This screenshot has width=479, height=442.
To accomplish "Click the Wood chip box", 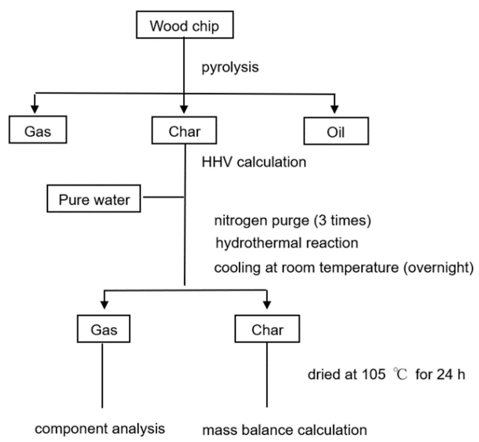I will [185, 25].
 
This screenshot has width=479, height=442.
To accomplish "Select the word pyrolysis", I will [230, 67].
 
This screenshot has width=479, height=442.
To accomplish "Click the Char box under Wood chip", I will [184, 130].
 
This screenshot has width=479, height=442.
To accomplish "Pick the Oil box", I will [336, 131].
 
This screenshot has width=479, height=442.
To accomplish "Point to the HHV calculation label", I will [254, 162].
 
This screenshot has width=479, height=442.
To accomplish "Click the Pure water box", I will [94, 199].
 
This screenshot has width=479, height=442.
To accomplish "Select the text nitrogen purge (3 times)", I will [292, 221].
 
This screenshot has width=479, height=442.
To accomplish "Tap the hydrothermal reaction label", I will [287, 243].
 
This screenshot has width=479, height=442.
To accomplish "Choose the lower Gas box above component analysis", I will [103, 329].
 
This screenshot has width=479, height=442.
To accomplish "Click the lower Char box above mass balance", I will [267, 329].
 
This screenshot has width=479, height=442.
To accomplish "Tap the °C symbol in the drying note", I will [400, 375].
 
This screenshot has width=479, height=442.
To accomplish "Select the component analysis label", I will [100, 429].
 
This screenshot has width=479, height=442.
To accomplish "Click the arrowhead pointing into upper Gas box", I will [35, 109].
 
